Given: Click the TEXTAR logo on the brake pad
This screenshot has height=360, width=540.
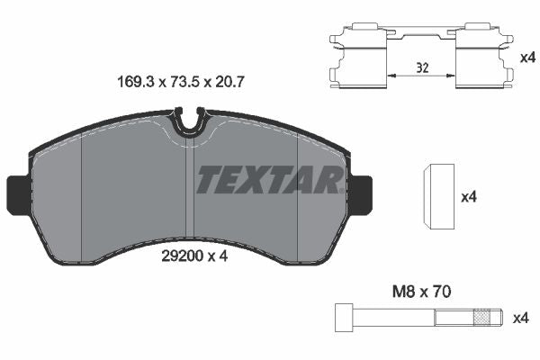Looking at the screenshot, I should point(267,180).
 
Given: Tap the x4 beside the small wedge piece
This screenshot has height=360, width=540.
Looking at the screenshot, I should point(467,196).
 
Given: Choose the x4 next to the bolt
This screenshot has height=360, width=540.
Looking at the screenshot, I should point(520,318).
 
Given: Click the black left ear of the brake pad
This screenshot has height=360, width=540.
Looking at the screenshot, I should point(19,191).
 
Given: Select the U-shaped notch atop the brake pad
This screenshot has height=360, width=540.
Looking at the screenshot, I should point(189,120).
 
